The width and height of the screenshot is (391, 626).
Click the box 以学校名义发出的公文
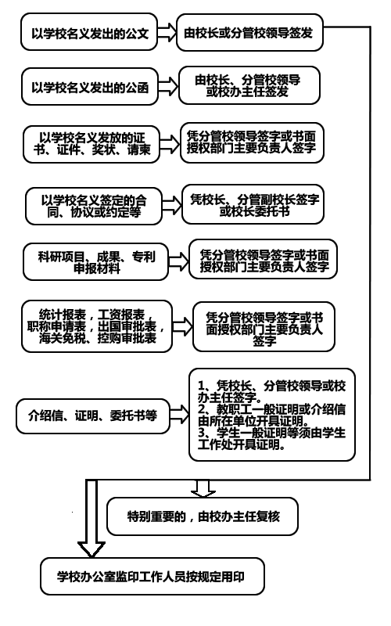click(89, 32)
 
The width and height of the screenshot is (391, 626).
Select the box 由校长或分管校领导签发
click(249, 32)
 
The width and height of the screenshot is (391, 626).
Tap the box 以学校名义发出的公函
click(90, 87)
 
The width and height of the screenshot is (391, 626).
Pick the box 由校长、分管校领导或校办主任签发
click(249, 85)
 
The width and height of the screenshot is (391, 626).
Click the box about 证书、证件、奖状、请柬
click(91, 144)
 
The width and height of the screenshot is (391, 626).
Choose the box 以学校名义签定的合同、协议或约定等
click(93, 206)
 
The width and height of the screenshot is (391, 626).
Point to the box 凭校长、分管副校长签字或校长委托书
click(253, 204)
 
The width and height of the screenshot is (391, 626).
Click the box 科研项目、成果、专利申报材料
click(95, 262)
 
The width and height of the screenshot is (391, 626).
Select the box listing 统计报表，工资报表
click(97, 326)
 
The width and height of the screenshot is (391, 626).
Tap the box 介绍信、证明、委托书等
click(93, 416)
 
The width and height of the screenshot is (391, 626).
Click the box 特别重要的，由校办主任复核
click(203, 516)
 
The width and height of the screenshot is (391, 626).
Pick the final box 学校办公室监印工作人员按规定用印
click(152, 577)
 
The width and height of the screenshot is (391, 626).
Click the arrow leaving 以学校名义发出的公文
click(167, 32)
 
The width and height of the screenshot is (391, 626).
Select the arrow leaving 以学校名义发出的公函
click(168, 86)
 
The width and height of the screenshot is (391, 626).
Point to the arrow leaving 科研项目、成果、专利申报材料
click(178, 261)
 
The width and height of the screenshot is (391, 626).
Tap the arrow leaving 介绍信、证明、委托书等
click(180, 415)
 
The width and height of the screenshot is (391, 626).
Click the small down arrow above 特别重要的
click(203, 488)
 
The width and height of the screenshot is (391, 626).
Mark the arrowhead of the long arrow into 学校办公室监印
click(91, 549)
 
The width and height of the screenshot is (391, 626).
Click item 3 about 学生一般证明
click(271, 438)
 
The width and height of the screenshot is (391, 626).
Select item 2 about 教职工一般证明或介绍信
click(271, 415)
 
